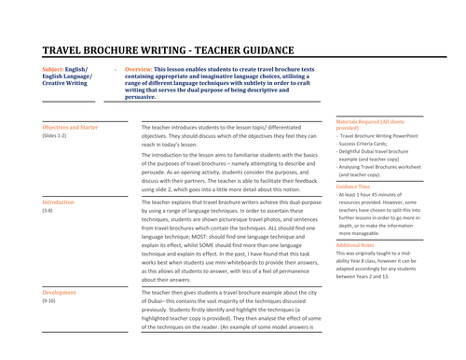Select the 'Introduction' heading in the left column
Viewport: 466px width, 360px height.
tap(59, 201)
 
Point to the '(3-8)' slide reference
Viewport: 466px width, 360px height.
tap(48, 212)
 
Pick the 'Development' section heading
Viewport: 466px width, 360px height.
tap(60, 292)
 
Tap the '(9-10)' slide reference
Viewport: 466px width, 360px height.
tap(49, 302)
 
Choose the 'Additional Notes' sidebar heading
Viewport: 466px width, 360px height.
tap(356, 244)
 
